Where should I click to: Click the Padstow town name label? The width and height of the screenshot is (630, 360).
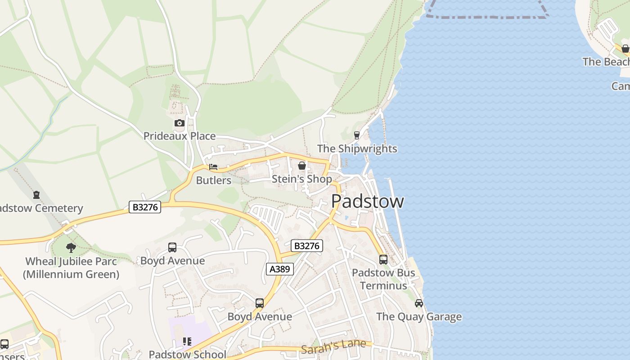(367, 201)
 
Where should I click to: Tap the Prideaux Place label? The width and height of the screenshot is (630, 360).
(179, 136)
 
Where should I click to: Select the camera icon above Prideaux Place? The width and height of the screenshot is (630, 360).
(179, 123)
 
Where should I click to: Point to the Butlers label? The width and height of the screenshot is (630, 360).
(214, 180)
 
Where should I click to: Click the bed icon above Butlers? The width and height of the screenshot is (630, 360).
(213, 167)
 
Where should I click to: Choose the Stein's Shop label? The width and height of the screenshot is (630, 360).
(301, 179)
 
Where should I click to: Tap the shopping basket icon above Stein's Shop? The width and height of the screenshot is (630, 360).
(301, 166)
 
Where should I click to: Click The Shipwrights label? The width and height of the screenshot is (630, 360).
(357, 148)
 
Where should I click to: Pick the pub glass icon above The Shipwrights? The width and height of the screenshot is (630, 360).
(357, 135)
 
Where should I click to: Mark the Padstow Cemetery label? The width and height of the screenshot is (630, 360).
(40, 208)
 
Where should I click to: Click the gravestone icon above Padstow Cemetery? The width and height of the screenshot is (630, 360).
(36, 195)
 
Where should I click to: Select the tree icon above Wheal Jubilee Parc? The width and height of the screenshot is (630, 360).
(71, 247)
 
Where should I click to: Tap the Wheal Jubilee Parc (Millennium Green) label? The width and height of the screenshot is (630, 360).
(71, 268)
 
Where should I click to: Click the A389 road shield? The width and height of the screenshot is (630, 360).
(279, 269)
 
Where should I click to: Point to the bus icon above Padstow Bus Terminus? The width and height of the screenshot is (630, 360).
(383, 260)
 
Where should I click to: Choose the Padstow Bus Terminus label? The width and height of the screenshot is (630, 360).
(383, 279)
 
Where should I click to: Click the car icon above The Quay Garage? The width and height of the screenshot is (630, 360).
(419, 303)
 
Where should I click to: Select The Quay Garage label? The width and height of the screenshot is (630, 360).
(419, 317)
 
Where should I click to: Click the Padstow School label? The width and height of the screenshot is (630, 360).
(188, 354)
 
